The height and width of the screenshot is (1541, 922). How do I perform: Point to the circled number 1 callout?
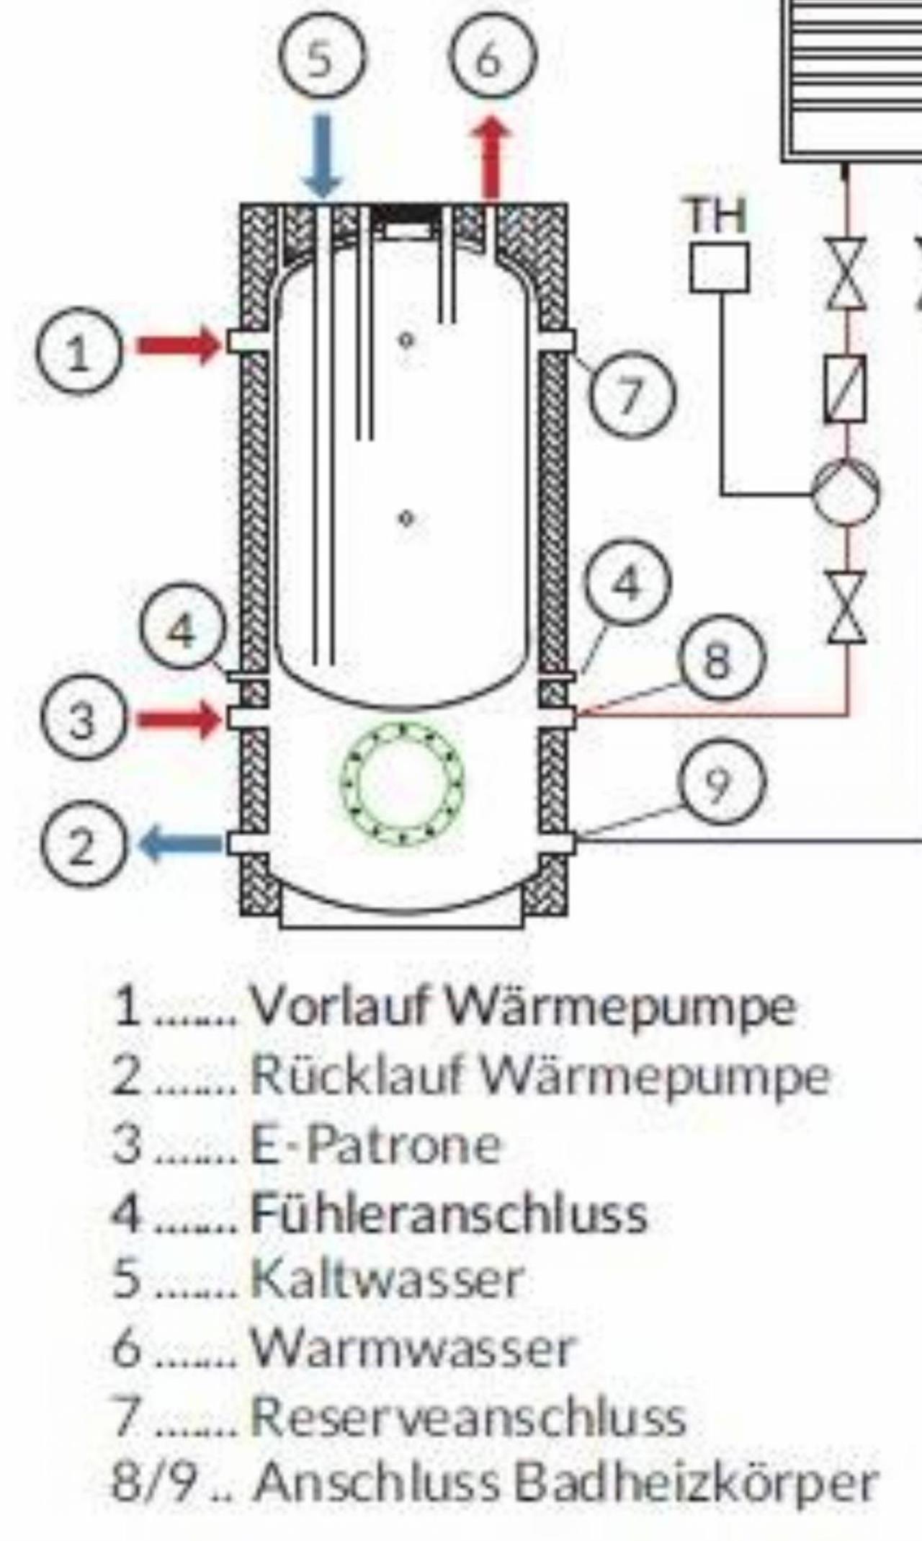tap(80, 353)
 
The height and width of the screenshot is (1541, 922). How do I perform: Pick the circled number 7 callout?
tap(634, 396)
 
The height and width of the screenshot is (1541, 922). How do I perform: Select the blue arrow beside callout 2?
tap(181, 843)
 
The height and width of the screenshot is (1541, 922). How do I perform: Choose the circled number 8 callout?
tap(717, 660)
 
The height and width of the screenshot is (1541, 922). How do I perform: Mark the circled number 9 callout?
tap(718, 783)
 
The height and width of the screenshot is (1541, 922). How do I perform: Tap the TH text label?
tap(717, 215)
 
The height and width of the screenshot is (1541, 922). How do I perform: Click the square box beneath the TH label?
tap(719, 268)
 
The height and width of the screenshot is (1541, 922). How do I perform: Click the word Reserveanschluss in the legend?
tap(467, 1415)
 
